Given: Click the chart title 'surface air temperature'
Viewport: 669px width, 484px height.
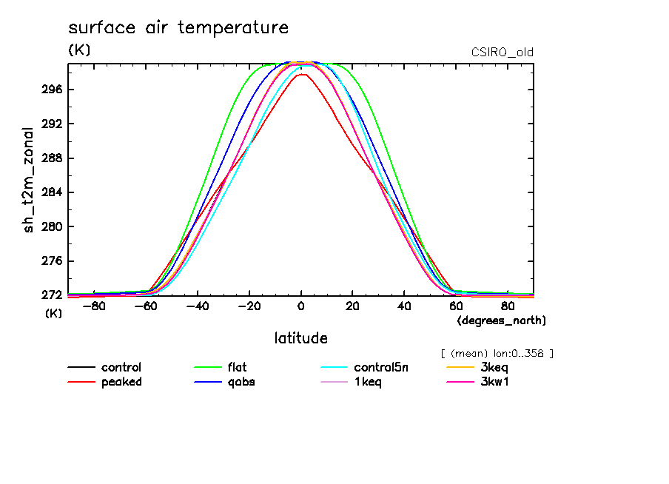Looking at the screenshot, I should point(178,28).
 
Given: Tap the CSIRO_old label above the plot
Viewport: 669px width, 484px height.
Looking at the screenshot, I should point(502,53).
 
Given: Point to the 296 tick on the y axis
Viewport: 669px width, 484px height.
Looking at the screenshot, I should point(53,90).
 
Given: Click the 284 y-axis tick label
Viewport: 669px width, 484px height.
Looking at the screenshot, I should point(53,192).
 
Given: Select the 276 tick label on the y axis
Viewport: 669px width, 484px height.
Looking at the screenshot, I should point(53,261).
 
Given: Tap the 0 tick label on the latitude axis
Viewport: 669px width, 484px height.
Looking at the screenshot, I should point(300,306).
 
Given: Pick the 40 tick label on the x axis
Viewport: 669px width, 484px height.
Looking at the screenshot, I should point(404,306).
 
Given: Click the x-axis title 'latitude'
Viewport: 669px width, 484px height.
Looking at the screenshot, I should point(300,338).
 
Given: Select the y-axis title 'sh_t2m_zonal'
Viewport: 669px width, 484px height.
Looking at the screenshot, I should point(29,178).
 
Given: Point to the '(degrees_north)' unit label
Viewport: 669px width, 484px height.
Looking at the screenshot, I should point(502,320).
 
